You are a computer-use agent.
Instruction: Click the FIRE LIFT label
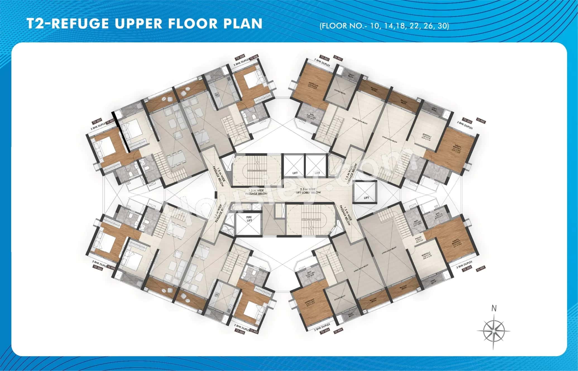[249, 219]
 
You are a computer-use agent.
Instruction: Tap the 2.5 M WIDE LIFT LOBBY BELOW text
[308, 191]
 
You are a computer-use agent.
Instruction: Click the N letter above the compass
[494, 308]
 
